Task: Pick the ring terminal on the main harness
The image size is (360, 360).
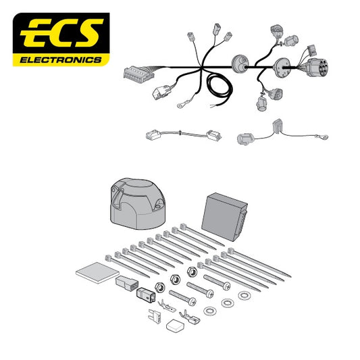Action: tap(181, 105)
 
